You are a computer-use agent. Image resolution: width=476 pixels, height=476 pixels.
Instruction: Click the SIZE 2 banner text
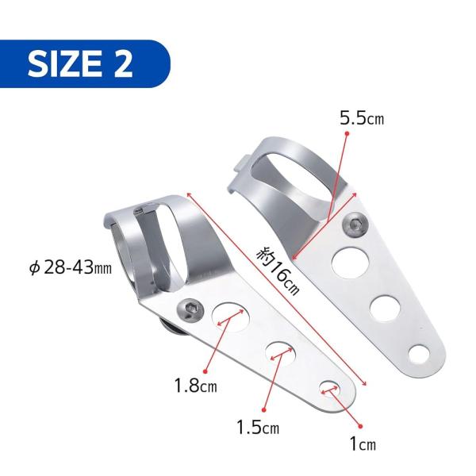[80, 63]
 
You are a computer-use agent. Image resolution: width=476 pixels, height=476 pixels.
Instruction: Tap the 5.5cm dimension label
[362, 117]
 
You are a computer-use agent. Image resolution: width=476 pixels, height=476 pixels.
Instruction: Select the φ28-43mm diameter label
[71, 268]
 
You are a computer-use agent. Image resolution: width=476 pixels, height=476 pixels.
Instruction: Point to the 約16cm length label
[278, 271]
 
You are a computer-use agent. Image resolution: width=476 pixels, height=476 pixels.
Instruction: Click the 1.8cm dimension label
[196, 386]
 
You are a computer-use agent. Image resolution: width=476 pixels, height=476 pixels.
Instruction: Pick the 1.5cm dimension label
[258, 427]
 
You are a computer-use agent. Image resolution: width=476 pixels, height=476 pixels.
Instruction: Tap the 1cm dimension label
[363, 444]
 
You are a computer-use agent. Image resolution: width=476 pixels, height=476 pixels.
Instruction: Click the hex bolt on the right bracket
[355, 225]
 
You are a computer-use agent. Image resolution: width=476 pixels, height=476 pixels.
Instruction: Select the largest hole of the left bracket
[231, 317]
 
